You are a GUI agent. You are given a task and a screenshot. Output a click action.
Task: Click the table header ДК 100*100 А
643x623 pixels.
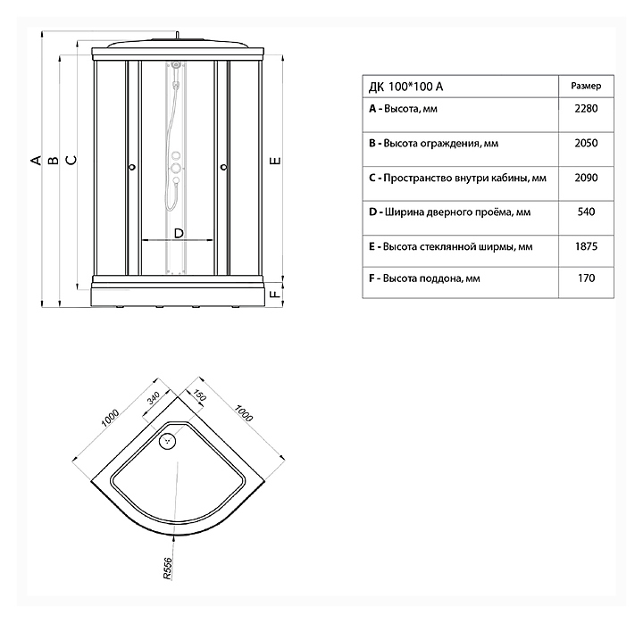[x=405, y=87]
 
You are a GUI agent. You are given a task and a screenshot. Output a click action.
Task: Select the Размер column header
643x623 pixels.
[x=585, y=86]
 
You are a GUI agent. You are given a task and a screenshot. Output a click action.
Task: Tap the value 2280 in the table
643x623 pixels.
[x=585, y=109]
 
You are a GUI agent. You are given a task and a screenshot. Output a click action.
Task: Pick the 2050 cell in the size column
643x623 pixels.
[x=585, y=143]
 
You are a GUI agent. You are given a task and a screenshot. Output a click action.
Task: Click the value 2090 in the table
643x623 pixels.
[x=585, y=178]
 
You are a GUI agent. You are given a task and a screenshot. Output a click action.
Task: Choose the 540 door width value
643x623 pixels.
[x=585, y=212]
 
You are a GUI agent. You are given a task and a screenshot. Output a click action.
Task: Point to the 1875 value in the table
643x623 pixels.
[x=585, y=245]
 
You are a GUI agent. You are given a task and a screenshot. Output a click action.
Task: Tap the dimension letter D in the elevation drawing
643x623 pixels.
[x=178, y=233]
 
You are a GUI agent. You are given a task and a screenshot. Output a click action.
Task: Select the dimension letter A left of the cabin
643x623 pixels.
[x=36, y=161]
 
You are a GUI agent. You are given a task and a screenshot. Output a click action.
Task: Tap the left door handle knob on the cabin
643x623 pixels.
[x=132, y=167]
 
